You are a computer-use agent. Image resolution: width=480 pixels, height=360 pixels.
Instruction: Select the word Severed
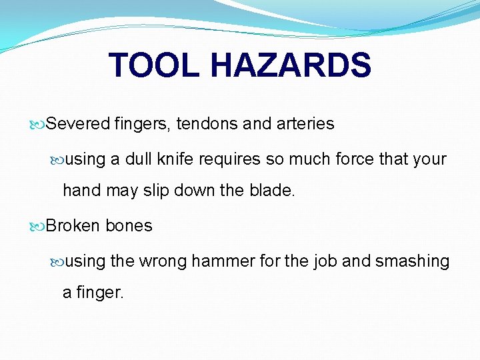click(78, 124)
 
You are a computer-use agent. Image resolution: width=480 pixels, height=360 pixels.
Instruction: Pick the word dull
click(141, 159)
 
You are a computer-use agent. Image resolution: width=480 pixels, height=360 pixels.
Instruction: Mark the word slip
click(155, 191)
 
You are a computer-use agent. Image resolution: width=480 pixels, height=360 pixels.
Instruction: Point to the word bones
click(129, 226)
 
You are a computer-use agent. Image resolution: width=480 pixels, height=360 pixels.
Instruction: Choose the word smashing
click(413, 261)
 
